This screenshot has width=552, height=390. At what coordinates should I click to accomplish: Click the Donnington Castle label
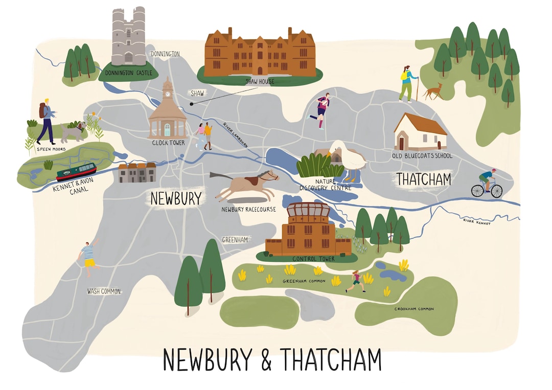128,73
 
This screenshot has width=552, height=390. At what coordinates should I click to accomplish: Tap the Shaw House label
260,81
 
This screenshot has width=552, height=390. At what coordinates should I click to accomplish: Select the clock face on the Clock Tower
167,95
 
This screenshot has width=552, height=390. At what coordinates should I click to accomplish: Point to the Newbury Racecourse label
248,210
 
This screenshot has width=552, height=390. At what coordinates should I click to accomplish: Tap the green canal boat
76,172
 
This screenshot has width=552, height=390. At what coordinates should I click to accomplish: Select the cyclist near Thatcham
488,183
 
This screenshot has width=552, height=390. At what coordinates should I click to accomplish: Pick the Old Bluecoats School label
422,156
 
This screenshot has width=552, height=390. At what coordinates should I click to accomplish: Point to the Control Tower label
313,259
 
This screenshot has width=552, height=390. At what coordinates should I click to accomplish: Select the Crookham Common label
413,309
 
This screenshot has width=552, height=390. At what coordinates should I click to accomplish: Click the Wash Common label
104,291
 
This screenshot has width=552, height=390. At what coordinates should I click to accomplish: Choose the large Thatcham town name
424,179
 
